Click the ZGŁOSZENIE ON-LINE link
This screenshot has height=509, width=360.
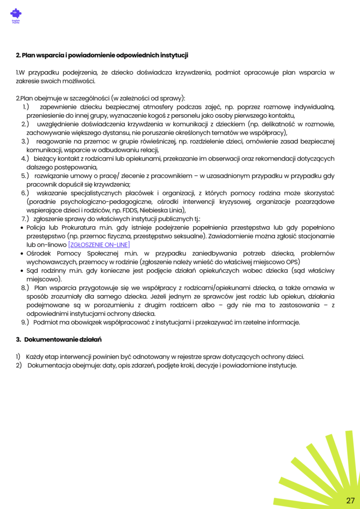tap(99, 245)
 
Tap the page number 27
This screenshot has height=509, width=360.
tap(350, 500)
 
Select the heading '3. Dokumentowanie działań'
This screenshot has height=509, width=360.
tap(59, 339)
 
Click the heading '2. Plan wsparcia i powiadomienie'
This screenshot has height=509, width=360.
tap(102, 55)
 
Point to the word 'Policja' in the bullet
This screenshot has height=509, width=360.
tap(36, 227)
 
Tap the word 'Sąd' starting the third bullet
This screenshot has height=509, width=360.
tap(33, 271)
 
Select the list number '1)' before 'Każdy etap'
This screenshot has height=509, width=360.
tap(18, 356)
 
